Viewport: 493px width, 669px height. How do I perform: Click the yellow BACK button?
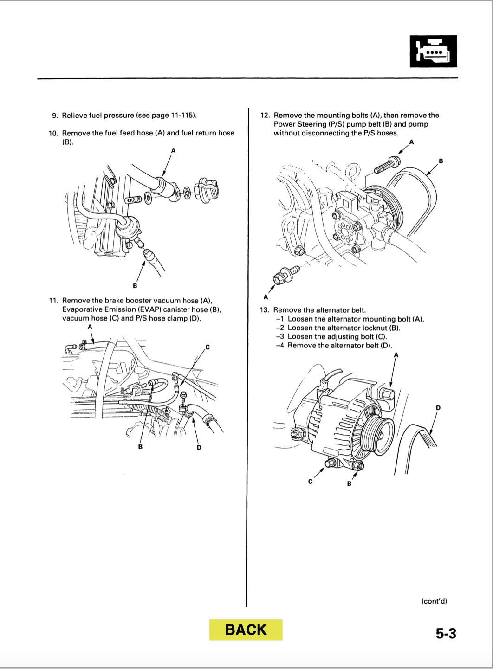click(246, 630)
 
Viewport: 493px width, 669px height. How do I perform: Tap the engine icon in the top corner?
click(434, 51)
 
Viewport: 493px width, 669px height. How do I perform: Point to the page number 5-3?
click(446, 633)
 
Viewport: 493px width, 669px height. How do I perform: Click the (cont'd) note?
click(434, 601)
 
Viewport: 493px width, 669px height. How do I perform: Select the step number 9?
click(55, 115)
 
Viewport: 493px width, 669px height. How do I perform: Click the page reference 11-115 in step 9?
click(185, 115)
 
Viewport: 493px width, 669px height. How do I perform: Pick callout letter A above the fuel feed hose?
click(173, 150)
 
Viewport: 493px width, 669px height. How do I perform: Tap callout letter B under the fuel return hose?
click(135, 285)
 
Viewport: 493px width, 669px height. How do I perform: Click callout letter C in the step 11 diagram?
click(208, 347)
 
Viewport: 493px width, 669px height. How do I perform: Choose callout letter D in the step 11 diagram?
click(199, 447)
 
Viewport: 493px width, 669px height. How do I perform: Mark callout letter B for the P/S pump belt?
click(441, 161)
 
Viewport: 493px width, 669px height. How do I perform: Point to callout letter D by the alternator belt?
click(438, 407)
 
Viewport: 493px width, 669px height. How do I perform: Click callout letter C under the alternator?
click(311, 481)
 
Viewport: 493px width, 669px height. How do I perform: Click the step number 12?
click(265, 115)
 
